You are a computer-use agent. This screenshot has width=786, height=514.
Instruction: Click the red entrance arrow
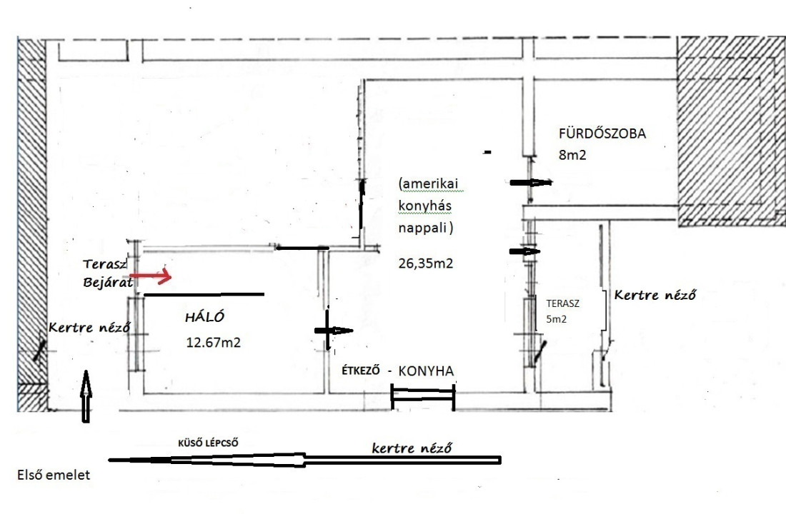151,276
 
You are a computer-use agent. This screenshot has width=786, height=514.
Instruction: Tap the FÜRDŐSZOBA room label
602,133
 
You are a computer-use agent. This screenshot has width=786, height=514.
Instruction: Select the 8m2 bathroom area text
572,156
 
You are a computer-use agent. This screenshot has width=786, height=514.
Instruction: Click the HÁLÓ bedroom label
204,317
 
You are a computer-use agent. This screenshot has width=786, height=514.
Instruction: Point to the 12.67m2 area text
213,343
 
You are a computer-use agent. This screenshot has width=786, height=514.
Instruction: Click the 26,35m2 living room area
426,263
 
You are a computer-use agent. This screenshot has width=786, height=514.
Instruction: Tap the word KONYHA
426,371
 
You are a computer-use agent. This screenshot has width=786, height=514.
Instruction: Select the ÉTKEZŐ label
361,371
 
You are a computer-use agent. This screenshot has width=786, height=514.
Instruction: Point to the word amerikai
429,184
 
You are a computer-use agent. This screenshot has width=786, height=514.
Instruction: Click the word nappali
425,228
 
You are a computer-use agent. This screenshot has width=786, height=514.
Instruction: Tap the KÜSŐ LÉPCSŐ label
208,443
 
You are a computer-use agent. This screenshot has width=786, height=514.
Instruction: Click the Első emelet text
54,475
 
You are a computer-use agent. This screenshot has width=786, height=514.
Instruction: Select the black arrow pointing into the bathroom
531,182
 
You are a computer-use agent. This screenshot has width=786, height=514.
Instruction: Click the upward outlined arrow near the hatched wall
86,395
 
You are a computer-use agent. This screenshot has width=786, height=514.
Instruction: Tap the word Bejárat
107,282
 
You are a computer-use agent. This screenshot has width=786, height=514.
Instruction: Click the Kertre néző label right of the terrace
655,295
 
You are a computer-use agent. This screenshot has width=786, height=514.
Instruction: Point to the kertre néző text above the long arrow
412,448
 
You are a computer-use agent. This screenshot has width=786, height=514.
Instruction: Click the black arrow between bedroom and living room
334,330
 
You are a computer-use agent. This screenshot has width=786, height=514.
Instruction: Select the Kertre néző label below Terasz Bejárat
89,327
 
